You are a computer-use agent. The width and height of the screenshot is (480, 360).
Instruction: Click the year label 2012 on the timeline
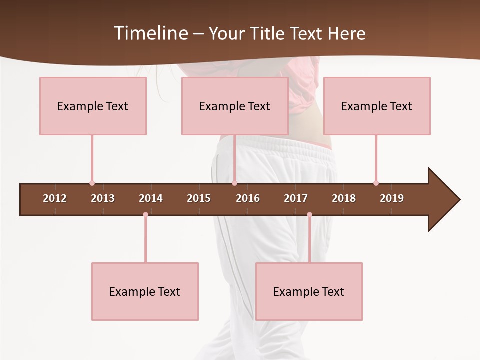pyautogui.click(x=55, y=198)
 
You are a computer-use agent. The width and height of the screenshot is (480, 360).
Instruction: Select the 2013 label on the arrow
pyautogui.click(x=103, y=198)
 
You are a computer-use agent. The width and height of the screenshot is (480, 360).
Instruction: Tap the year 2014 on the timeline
pyautogui.click(x=151, y=198)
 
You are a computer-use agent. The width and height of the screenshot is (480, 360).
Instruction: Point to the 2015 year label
pyautogui.click(x=199, y=198)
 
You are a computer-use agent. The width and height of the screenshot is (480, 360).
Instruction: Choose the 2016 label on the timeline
pyautogui.click(x=248, y=198)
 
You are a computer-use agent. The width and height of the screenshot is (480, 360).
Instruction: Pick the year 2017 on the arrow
pyautogui.click(x=296, y=198)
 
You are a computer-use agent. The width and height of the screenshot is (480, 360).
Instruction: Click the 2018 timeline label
pyautogui.click(x=344, y=198)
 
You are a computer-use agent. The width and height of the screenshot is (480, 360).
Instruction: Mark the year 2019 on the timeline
pyautogui.click(x=392, y=198)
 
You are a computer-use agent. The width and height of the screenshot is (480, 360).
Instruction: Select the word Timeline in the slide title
pyautogui.click(x=151, y=33)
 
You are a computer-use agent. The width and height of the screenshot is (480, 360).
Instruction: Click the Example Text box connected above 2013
pyautogui.click(x=93, y=106)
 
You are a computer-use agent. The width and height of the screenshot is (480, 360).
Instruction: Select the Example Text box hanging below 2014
pyautogui.click(x=145, y=291)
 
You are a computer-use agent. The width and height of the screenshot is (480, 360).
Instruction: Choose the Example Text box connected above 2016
pyautogui.click(x=235, y=106)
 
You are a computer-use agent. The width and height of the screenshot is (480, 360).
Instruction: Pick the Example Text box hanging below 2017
pyautogui.click(x=309, y=291)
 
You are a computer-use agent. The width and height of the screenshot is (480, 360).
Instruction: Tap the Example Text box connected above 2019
pyautogui.click(x=377, y=106)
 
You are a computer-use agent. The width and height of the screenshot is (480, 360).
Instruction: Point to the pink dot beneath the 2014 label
pyautogui.click(x=145, y=215)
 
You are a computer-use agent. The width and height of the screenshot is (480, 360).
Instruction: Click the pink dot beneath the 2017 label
pyautogui.click(x=309, y=215)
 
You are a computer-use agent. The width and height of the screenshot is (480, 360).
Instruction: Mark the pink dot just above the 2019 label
pyautogui.click(x=376, y=183)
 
